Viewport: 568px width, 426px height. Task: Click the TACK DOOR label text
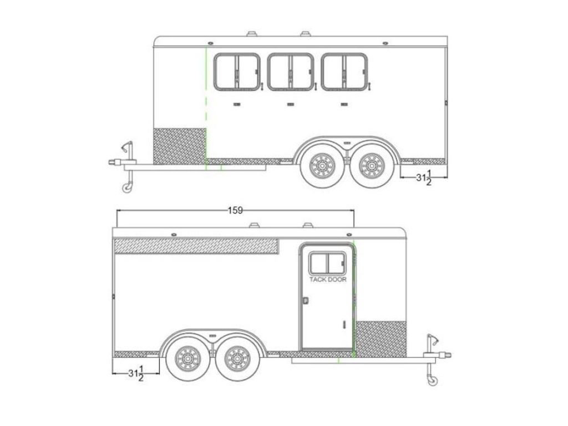[x=328, y=280]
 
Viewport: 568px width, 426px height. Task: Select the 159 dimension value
[x=235, y=210]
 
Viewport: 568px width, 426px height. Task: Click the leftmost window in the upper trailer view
[x=237, y=72]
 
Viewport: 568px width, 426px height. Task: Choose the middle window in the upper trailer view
[x=290, y=72]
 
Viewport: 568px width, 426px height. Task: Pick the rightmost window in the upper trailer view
[x=344, y=72]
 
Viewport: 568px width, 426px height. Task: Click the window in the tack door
[x=327, y=263]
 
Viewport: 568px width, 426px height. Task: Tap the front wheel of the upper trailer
[x=321, y=165]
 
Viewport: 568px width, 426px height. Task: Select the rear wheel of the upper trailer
[x=369, y=165]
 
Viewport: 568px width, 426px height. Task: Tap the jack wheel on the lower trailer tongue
[x=431, y=380]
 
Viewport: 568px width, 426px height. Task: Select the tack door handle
[x=305, y=301]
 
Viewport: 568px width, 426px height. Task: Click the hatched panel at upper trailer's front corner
[x=179, y=145]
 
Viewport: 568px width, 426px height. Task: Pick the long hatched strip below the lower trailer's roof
[x=196, y=246]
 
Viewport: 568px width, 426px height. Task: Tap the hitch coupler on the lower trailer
[x=446, y=355]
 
